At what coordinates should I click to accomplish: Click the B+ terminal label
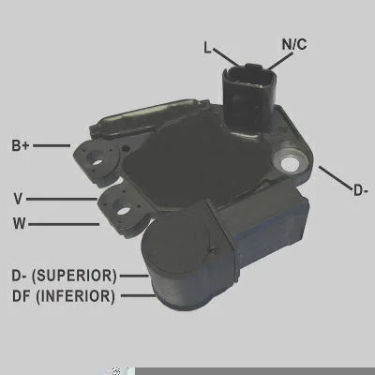click(21, 145)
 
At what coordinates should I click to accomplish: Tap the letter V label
click(18, 199)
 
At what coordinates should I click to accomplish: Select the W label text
click(20, 224)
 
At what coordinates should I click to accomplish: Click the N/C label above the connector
click(294, 44)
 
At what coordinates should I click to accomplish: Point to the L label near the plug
click(207, 48)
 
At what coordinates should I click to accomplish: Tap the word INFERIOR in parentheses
click(75, 296)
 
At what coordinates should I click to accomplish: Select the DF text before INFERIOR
click(21, 296)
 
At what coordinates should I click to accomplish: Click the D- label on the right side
click(360, 190)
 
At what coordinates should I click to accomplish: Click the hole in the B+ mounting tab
click(96, 158)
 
